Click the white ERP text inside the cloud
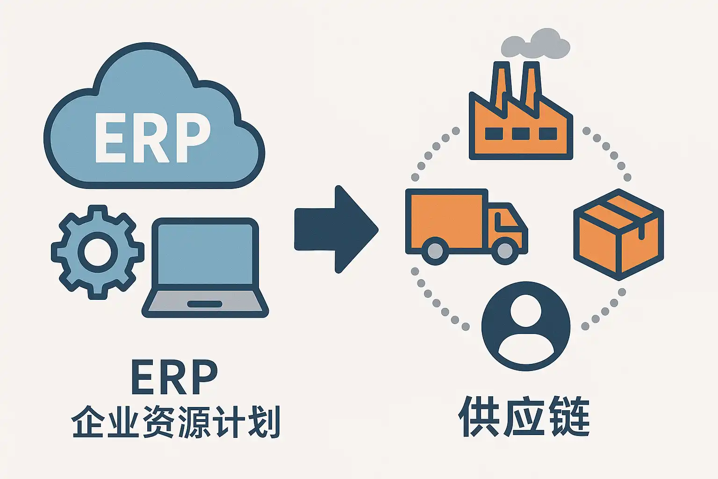[x=152, y=138]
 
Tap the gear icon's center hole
[x=98, y=252]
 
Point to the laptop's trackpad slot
[x=205, y=304]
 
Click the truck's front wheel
[x=504, y=251]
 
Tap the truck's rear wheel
[x=435, y=251]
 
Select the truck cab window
[x=506, y=220]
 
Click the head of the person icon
[x=526, y=311]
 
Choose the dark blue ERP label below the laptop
[x=174, y=378]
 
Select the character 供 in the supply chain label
[x=477, y=417]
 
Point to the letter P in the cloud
[x=189, y=138]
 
